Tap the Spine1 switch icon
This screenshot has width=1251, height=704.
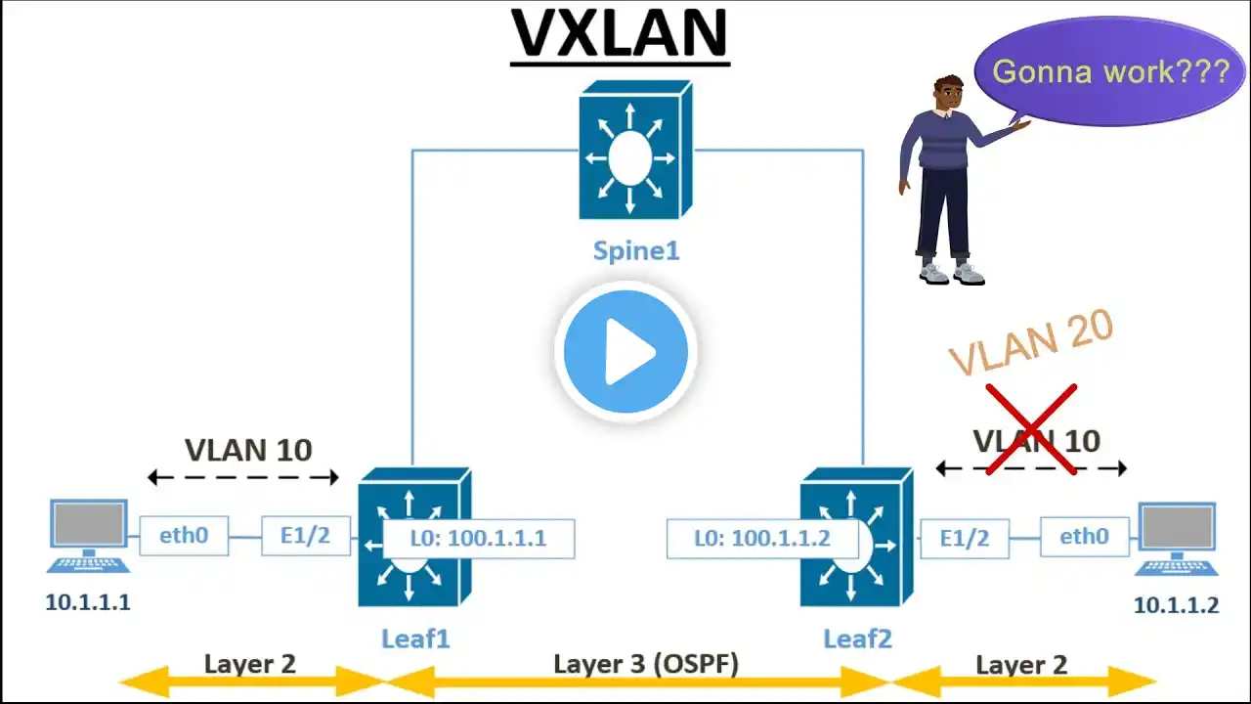(x=635, y=150)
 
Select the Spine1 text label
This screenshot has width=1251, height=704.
(x=635, y=250)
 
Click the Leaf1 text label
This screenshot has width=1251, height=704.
(x=415, y=639)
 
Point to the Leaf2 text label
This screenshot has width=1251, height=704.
(x=857, y=639)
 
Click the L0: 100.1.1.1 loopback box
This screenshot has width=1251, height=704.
(x=478, y=539)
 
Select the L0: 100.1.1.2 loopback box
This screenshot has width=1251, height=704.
(x=762, y=539)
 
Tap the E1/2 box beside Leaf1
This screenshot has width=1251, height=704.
(x=305, y=536)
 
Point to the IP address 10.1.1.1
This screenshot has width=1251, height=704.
(x=88, y=601)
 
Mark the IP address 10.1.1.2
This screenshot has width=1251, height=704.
(x=1176, y=605)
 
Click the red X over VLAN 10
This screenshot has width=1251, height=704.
(x=1030, y=429)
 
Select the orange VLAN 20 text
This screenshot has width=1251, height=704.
(x=1031, y=343)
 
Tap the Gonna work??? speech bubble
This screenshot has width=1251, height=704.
(x=1110, y=70)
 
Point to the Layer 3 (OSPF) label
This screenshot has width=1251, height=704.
(x=646, y=664)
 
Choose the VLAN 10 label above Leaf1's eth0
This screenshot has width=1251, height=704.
(x=248, y=450)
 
